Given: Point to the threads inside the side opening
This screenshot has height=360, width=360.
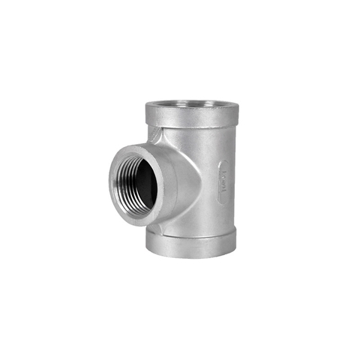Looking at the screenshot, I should tap(129, 180).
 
